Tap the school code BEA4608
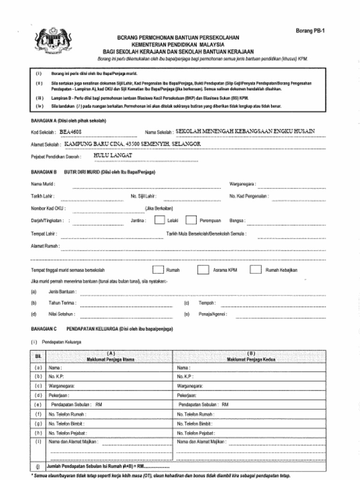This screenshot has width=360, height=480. [70, 132]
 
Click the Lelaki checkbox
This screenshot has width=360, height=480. [159, 220]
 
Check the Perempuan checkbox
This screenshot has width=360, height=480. [191, 220]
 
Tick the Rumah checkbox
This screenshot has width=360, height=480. [158, 270]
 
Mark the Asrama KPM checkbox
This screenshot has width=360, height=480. [202, 270]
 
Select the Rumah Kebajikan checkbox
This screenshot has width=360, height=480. [255, 270]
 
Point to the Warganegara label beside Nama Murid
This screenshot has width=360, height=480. [242, 184]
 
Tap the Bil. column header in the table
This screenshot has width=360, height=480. [38, 357]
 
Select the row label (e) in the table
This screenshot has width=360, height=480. [38, 404]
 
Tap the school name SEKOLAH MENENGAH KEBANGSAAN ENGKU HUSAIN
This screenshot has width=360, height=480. [245, 131]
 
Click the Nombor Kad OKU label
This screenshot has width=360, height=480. [48, 208]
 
